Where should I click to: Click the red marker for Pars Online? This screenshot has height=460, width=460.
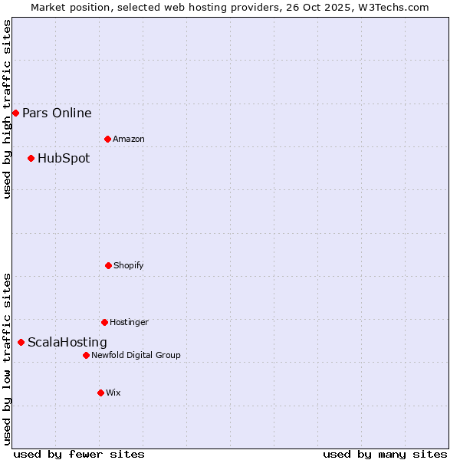[15, 113]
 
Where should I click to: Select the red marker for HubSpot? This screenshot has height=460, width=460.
[31, 159]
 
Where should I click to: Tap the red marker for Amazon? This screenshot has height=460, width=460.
[107, 139]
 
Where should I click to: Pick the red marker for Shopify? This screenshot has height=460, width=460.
[108, 265]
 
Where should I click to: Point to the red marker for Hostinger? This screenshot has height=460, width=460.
[104, 322]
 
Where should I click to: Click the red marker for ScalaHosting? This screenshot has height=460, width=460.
[21, 342]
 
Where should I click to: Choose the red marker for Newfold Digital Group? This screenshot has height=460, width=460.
[86, 355]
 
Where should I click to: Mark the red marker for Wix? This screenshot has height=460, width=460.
[100, 393]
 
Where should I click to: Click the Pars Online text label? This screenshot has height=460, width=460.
[57, 113]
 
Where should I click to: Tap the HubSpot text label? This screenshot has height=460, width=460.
[64, 159]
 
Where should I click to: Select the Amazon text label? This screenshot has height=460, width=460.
[129, 140]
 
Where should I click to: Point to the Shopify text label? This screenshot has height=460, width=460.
[129, 266]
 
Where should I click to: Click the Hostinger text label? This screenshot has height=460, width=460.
[129, 323]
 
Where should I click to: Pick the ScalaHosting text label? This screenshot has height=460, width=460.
[67, 343]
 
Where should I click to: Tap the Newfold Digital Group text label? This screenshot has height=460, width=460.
[136, 356]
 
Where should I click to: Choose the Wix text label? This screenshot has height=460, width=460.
[113, 393]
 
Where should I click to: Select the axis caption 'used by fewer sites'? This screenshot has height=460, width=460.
[79, 454]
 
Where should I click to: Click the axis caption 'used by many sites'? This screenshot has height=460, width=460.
[385, 454]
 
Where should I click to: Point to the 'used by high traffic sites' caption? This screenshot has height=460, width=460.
[7, 109]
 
